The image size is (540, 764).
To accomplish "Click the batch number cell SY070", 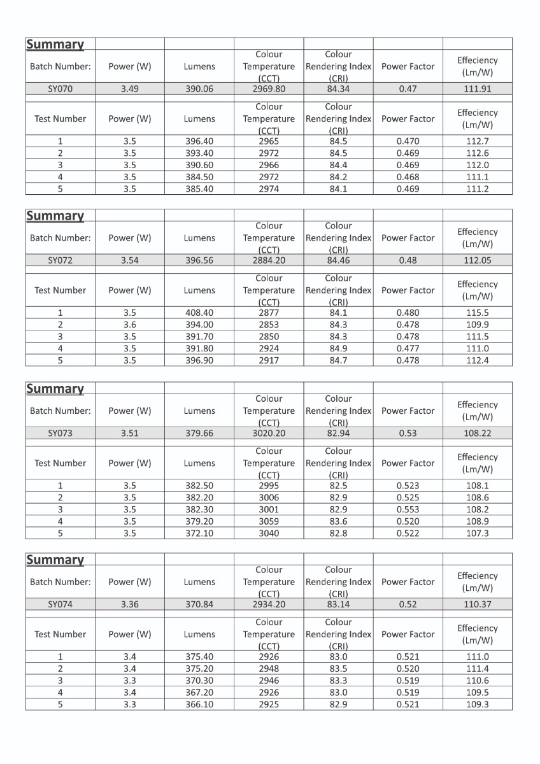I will (x=60, y=89).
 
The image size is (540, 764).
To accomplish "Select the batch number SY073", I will (x=60, y=434).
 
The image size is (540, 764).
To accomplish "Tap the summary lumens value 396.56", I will (x=199, y=260).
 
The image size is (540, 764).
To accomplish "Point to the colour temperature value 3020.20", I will (x=269, y=434).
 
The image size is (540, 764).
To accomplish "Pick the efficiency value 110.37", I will (x=478, y=605).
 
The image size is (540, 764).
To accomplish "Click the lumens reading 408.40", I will (x=199, y=313).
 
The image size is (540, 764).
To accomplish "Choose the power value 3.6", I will (x=129, y=325).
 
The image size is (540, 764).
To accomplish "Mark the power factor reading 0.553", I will (x=408, y=509).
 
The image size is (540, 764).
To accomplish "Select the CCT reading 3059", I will (x=269, y=521).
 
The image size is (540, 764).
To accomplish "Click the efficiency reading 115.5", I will (x=478, y=313).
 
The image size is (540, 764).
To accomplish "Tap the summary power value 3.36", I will (x=129, y=605).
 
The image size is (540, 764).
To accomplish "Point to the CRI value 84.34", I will (x=338, y=89).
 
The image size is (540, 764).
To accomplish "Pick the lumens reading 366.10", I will (x=199, y=705).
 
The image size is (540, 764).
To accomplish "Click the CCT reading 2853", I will (x=269, y=325).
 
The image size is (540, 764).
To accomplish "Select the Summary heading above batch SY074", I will (x=55, y=560).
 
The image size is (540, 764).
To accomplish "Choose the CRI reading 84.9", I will (x=338, y=349).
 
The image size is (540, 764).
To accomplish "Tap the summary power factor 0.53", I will (x=408, y=434).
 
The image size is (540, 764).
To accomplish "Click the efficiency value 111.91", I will (x=478, y=89).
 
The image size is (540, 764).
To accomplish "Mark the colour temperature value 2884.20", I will (x=269, y=260).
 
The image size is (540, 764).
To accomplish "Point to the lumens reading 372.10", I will (x=199, y=534).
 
